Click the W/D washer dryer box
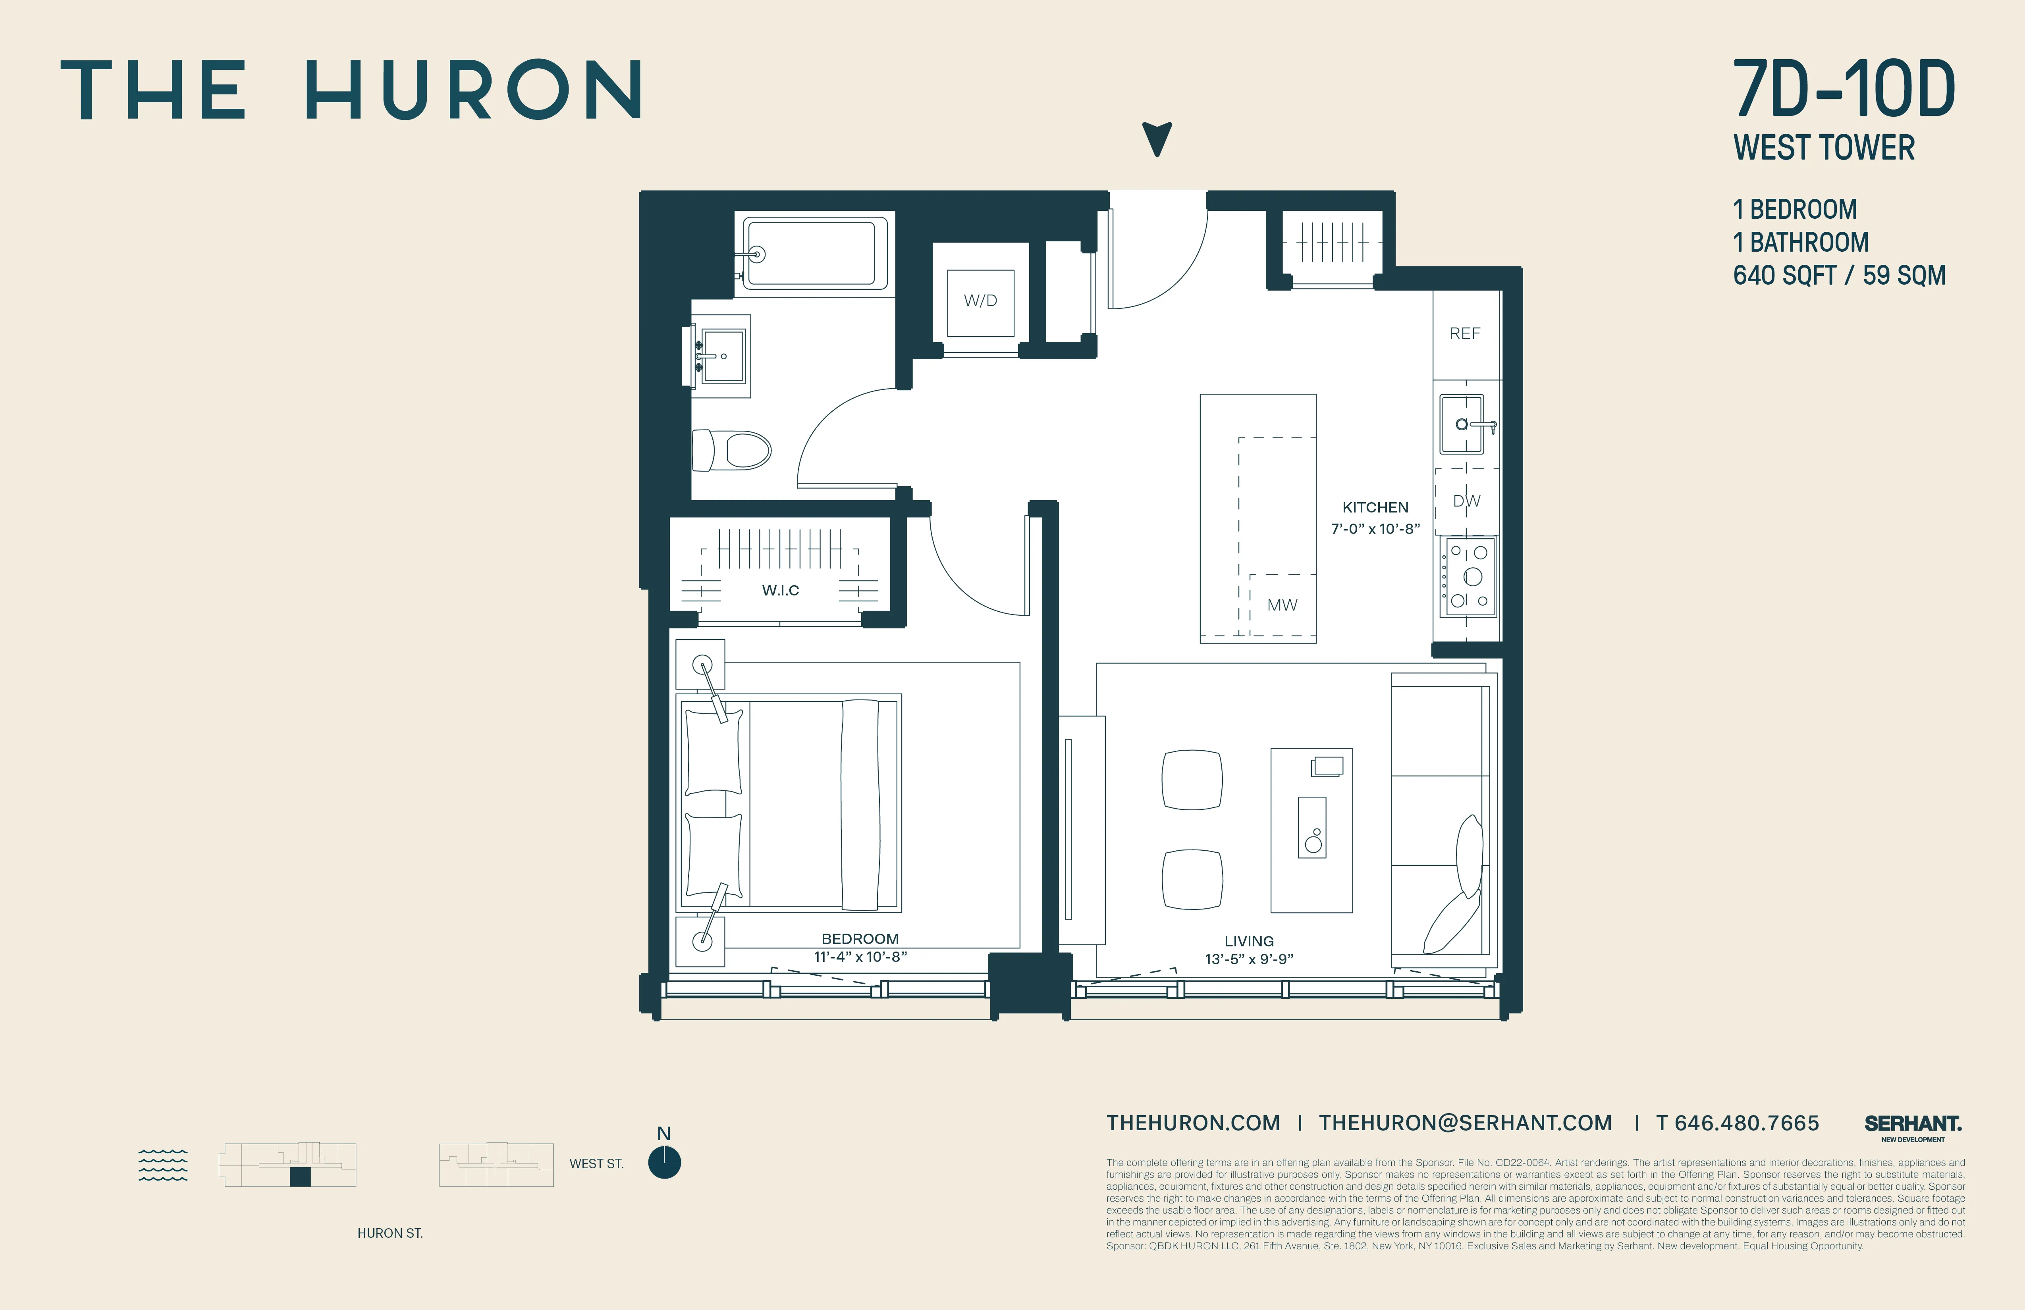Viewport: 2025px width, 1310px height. point(980,301)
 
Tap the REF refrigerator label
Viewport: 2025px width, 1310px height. point(1464,333)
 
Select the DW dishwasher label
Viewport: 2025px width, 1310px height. point(1466,501)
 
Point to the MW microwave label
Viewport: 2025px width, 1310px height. point(1281,605)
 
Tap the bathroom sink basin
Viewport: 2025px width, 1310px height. point(722,356)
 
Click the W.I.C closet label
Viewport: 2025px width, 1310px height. point(780,590)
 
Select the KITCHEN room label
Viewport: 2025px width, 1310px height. point(1375,507)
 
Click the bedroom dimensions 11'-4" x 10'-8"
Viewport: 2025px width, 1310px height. point(860,957)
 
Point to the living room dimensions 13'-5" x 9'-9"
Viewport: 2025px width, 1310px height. point(1249,959)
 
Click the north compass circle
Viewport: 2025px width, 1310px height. point(665,1163)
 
